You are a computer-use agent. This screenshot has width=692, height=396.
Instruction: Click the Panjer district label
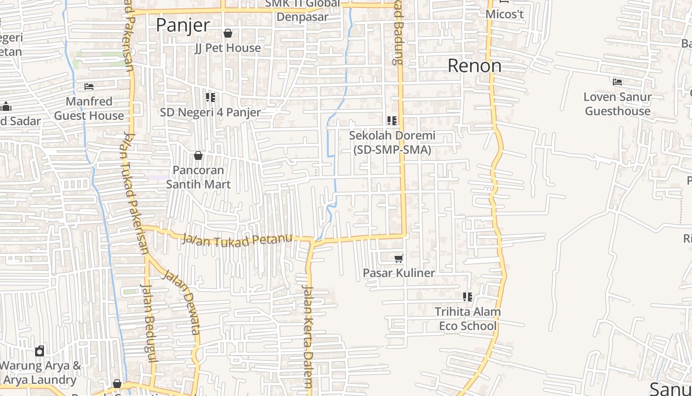(x=183, y=25)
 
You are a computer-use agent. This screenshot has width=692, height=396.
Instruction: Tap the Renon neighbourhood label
(x=475, y=65)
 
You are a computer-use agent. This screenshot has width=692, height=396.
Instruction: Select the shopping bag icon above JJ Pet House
(x=228, y=33)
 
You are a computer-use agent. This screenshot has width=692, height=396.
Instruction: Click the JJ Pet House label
(x=228, y=48)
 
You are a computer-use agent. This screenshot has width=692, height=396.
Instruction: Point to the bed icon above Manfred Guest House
(x=89, y=87)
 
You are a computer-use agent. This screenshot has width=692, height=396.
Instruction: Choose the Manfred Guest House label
(x=89, y=108)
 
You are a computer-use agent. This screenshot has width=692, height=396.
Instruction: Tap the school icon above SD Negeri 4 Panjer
(x=211, y=98)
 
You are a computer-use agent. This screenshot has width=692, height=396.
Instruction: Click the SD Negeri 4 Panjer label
(x=210, y=112)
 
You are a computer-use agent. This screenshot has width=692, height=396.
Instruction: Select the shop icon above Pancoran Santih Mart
(x=198, y=155)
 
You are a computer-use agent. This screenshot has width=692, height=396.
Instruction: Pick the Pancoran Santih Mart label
(x=198, y=177)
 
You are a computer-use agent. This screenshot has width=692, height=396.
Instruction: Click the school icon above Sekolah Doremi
(x=392, y=120)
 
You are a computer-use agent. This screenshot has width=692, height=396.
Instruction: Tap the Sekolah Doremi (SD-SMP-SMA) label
(x=392, y=142)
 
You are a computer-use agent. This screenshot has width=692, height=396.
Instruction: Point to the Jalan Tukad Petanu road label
(x=237, y=240)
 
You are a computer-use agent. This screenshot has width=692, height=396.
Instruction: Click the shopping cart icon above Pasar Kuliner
(x=399, y=258)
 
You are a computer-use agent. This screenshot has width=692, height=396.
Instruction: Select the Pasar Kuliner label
(x=399, y=273)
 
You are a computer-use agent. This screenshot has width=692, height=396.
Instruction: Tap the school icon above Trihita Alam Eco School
(x=468, y=297)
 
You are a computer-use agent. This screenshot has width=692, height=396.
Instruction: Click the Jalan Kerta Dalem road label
(x=308, y=337)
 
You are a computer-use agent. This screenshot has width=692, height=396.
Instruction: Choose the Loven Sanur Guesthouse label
(x=617, y=104)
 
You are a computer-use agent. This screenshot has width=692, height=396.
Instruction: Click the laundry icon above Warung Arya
(x=40, y=351)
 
